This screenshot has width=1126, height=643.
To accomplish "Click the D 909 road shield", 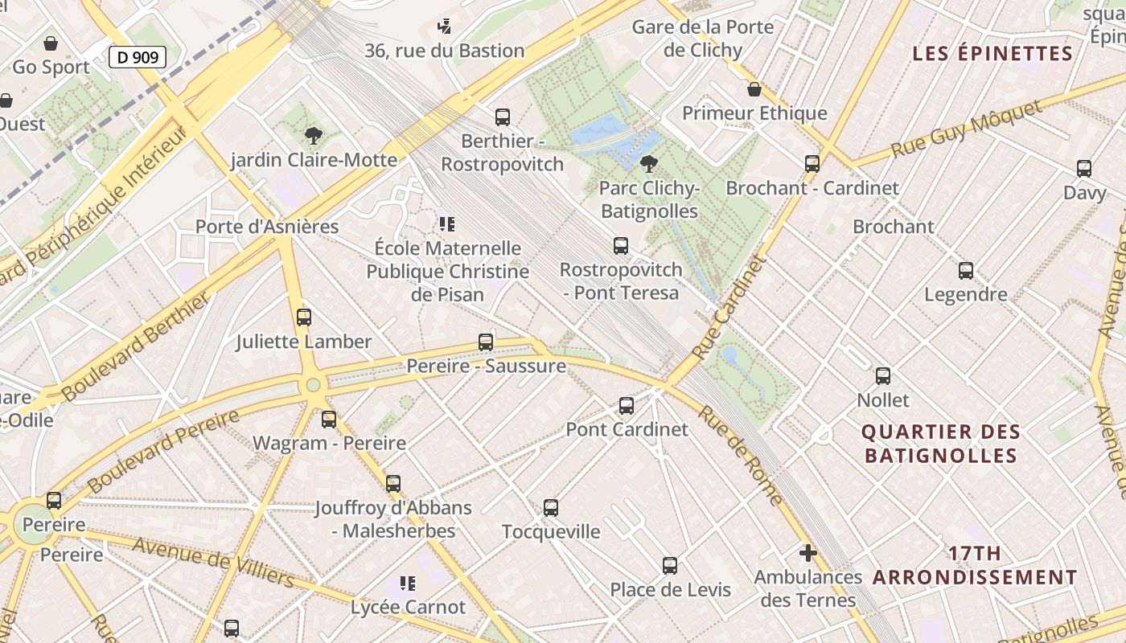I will pyautogui.click(x=138, y=56).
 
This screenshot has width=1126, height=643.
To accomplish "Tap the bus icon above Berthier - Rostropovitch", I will pyautogui.click(x=503, y=117).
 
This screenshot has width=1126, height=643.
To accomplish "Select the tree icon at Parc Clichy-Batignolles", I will pyautogui.click(x=648, y=165).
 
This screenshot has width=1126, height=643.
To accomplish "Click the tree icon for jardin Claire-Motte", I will pyautogui.click(x=314, y=136).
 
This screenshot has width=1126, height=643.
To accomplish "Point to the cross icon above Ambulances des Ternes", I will pyautogui.click(x=808, y=553).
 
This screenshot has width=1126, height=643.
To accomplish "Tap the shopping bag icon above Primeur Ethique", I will pyautogui.click(x=754, y=89).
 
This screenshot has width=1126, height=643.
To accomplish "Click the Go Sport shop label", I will pyautogui.click(x=51, y=67).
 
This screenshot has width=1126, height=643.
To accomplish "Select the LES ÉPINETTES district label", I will pyautogui.click(x=992, y=54).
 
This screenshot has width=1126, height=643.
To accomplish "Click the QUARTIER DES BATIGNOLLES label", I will pyautogui.click(x=941, y=444).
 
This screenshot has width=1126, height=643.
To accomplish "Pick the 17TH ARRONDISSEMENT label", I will pyautogui.click(x=975, y=566).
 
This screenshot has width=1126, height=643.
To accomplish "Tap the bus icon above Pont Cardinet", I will pyautogui.click(x=627, y=406).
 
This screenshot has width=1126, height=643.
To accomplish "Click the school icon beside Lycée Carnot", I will pyautogui.click(x=408, y=583).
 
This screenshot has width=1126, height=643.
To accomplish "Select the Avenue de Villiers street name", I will pyautogui.click(x=213, y=562).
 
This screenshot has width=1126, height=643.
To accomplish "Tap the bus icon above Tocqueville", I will pyautogui.click(x=551, y=508).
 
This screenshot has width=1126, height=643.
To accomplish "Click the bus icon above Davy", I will pyautogui.click(x=1084, y=169).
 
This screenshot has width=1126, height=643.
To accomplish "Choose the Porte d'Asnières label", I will pyautogui.click(x=267, y=227).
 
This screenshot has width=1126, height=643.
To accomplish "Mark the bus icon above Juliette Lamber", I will pyautogui.click(x=304, y=317).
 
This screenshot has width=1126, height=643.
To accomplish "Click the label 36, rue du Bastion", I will pyautogui.click(x=445, y=51).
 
